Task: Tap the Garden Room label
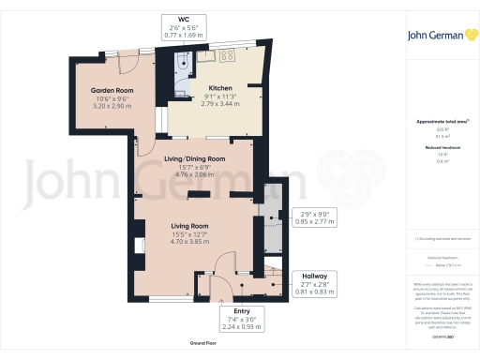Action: pyautogui.click(x=112, y=90)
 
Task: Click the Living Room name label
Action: pyautogui.click(x=188, y=226)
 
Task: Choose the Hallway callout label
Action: pyautogui.click(x=313, y=277)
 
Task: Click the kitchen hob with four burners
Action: pyautogui.click(x=227, y=56)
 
